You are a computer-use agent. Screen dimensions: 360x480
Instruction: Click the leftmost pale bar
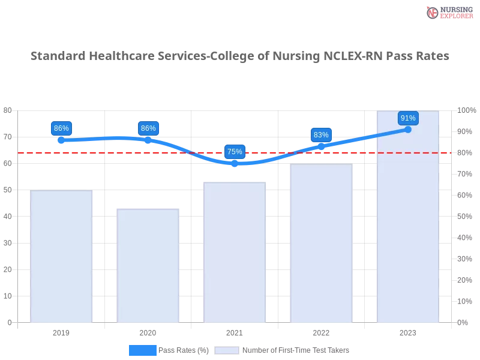coord(62,256)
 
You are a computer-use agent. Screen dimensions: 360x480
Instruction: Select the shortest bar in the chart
coord(149,266)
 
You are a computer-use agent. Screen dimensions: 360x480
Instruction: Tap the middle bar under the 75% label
coord(235,252)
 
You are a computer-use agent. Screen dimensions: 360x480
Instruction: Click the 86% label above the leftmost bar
coord(61,128)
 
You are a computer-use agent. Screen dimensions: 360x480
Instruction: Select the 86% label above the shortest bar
coord(148,128)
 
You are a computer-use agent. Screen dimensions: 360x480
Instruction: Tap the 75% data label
coord(235,151)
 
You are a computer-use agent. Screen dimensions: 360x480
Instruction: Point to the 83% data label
coord(321,134)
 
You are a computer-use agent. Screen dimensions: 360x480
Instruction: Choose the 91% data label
coord(408,118)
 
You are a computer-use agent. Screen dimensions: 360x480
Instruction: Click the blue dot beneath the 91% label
coord(408,129)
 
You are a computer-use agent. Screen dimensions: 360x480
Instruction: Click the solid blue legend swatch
coord(142,350)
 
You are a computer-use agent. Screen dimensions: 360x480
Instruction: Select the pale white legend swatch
coord(227,350)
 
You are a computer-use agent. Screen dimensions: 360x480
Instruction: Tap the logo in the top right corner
coord(448,12)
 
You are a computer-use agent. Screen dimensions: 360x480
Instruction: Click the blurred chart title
coord(240,56)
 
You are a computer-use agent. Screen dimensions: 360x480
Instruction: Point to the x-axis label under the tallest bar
coord(408,331)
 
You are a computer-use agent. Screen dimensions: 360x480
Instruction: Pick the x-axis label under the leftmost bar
coord(62,331)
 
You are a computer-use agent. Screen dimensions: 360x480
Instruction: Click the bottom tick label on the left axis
coord(9,322)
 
